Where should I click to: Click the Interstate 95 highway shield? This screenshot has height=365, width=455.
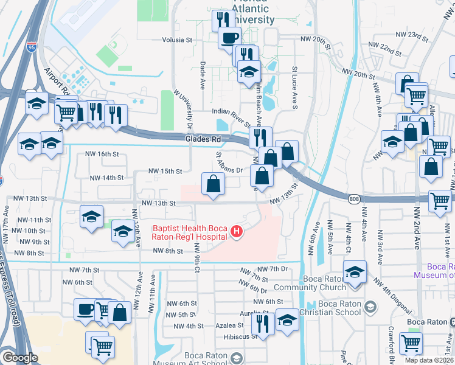click(x=30, y=45)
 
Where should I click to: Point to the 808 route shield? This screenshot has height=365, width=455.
click(x=355, y=199)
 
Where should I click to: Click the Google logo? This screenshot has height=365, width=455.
click(x=19, y=358)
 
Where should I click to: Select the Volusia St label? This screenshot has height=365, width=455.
click(x=177, y=40)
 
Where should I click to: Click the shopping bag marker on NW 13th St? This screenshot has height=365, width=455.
click(x=213, y=182)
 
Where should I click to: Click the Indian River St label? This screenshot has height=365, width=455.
click(x=231, y=112)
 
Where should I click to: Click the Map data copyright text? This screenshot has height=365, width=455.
click(x=428, y=360)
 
